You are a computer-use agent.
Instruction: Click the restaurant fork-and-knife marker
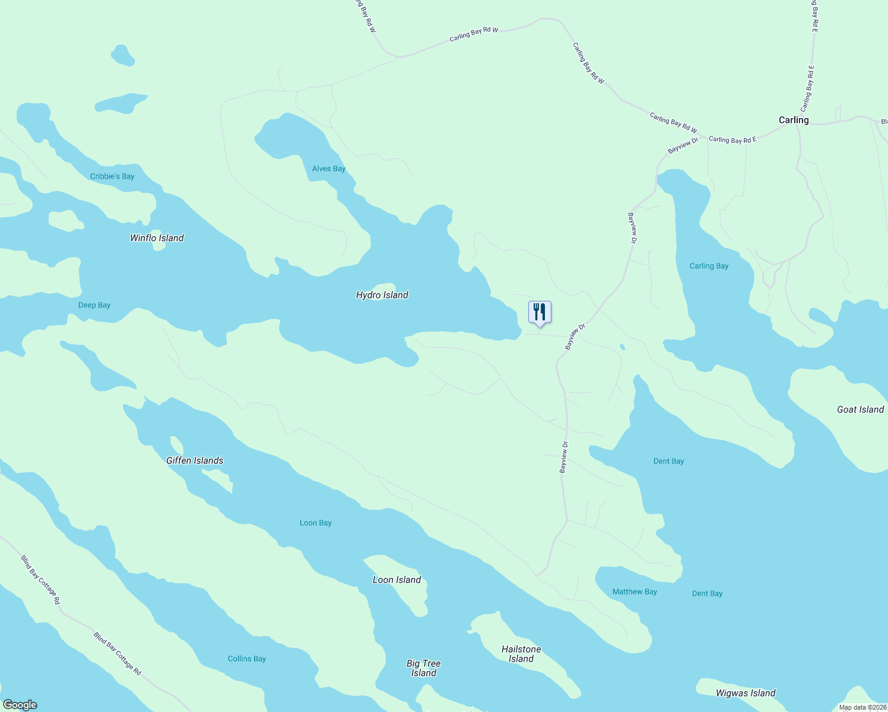(540, 312)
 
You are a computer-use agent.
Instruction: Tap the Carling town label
(794, 120)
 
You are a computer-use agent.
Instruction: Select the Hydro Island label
(382, 295)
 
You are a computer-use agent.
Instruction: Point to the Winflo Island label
(157, 238)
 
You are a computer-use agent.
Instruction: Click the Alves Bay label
(329, 169)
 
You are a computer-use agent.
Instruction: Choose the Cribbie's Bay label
(112, 176)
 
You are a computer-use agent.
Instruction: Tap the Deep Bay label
(94, 305)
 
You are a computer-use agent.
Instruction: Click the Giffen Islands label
(195, 460)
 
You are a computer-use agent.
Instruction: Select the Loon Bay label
(315, 523)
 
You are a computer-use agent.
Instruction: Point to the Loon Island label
(397, 580)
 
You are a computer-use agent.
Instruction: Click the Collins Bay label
(247, 659)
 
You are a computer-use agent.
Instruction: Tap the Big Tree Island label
(424, 668)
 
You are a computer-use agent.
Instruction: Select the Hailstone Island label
(521, 654)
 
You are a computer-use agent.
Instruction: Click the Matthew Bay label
(635, 592)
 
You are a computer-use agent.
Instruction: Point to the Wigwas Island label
(746, 693)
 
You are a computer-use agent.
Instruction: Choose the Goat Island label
(860, 409)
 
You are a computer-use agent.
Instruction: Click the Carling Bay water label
(709, 266)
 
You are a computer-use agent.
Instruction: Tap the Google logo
(20, 705)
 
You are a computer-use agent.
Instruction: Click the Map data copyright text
(862, 707)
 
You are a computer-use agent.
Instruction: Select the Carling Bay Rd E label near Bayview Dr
(732, 140)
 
